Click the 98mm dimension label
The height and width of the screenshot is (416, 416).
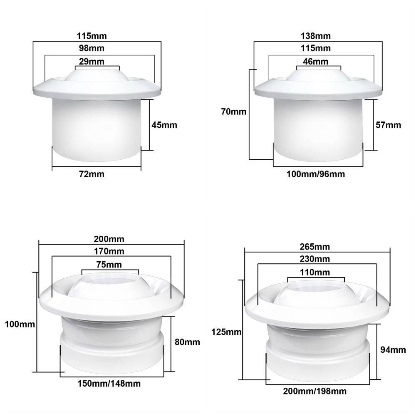point(94,48)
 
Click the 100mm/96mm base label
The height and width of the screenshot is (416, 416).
point(317,174)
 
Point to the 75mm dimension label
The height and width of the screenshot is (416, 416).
point(109,265)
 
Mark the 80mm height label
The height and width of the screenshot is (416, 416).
point(188,342)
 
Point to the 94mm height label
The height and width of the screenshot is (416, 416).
point(393,350)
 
